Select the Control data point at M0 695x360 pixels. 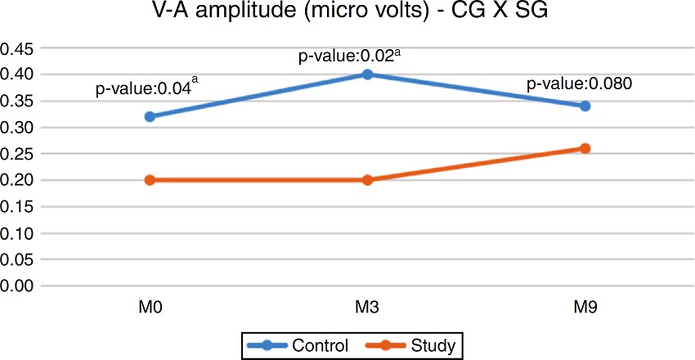pos(150,116)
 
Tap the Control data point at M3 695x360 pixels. pos(367,74)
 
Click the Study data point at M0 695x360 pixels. pos(150,180)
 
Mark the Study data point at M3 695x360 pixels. pos(367,180)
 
